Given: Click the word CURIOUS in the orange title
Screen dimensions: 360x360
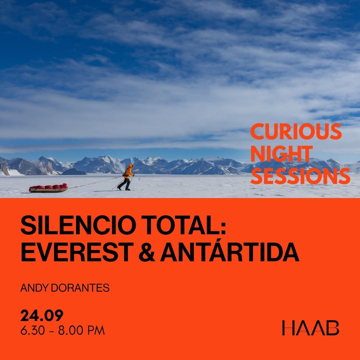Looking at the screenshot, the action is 296,131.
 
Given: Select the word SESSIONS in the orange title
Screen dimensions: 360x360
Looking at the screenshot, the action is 300,176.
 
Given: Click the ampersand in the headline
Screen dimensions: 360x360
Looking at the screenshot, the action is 147,252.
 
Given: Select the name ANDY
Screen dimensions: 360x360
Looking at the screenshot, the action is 34,288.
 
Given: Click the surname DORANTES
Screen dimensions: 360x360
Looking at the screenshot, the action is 80,288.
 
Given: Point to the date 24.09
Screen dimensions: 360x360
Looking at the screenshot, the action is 42,315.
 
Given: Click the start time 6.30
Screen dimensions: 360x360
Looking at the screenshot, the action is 33,330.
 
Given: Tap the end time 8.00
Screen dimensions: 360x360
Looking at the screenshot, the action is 70,330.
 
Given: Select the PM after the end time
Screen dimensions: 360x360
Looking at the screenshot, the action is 96,330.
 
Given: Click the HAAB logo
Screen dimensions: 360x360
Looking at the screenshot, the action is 311,328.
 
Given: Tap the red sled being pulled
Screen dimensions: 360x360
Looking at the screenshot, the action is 48,188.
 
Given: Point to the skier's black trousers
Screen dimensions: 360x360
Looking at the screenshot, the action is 125,184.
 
